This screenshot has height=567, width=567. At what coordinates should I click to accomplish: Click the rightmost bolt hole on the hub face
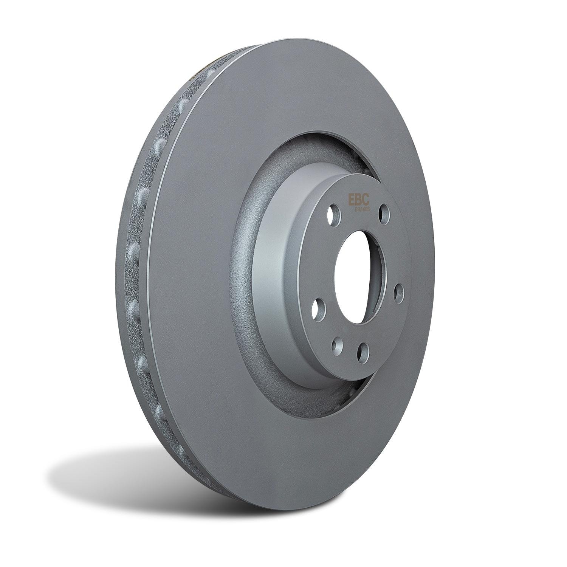(x=399, y=294)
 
